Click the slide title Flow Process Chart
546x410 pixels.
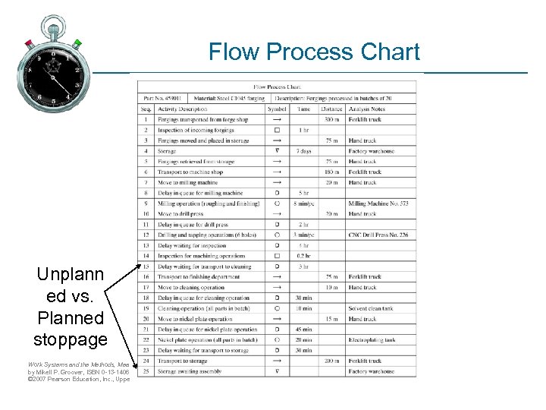(314, 52)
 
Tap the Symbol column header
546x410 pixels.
(277, 109)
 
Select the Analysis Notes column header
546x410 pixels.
(367, 109)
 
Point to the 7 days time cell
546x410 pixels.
(303, 151)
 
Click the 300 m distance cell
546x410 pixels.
(331, 119)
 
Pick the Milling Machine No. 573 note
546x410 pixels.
(378, 203)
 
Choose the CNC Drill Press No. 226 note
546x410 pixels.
(378, 235)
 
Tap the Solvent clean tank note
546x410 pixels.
(371, 309)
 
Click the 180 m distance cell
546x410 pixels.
(331, 172)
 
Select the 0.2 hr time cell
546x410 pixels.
(303, 256)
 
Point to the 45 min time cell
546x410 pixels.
(303, 330)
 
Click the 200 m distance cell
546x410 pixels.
(331, 361)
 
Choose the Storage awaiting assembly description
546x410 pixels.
(190, 372)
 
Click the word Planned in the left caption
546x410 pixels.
(70, 318)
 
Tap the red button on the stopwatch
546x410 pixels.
(29, 43)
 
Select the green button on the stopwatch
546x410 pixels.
(77, 43)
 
